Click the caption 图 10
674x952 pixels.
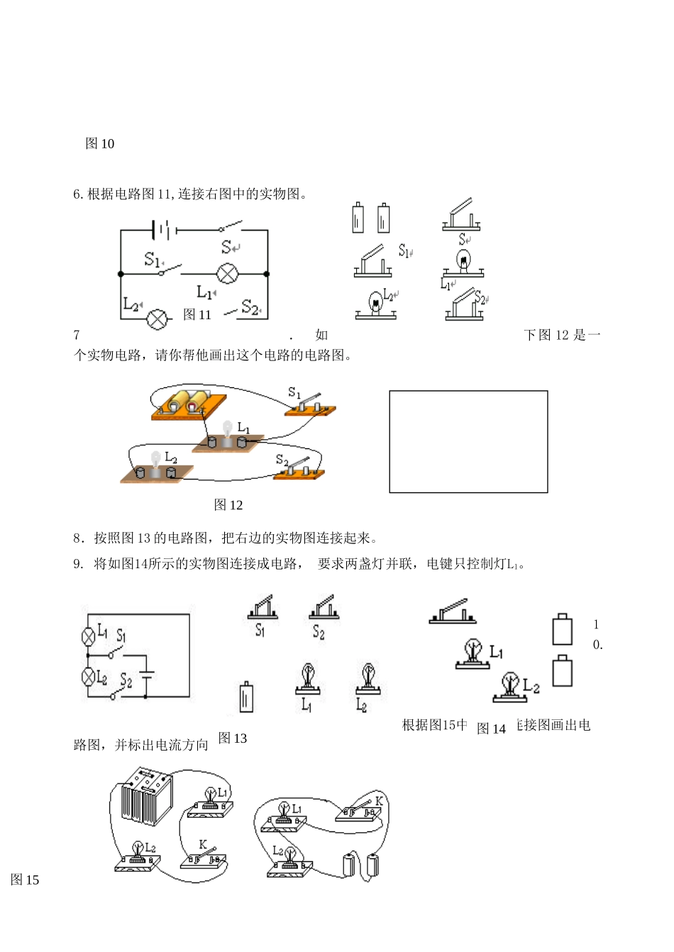click(x=100, y=144)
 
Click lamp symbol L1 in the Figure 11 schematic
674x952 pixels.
click(x=227, y=273)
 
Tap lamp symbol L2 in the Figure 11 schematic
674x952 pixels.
click(x=158, y=319)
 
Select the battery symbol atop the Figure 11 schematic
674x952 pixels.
click(x=164, y=230)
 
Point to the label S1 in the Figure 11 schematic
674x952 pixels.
click(x=153, y=260)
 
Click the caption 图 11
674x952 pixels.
click(x=197, y=315)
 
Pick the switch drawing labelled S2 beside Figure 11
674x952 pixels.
click(x=464, y=306)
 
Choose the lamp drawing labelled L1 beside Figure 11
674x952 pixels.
click(x=463, y=263)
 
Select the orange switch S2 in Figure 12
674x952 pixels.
click(x=299, y=469)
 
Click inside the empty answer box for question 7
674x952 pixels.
click(x=468, y=441)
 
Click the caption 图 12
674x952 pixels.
click(x=228, y=505)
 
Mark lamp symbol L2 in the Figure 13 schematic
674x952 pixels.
click(x=89, y=677)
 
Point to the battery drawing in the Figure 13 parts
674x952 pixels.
click(x=245, y=697)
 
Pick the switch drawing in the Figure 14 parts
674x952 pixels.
click(x=452, y=612)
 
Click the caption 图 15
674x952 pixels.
click(x=25, y=880)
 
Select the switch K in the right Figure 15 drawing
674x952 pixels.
click(x=360, y=810)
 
